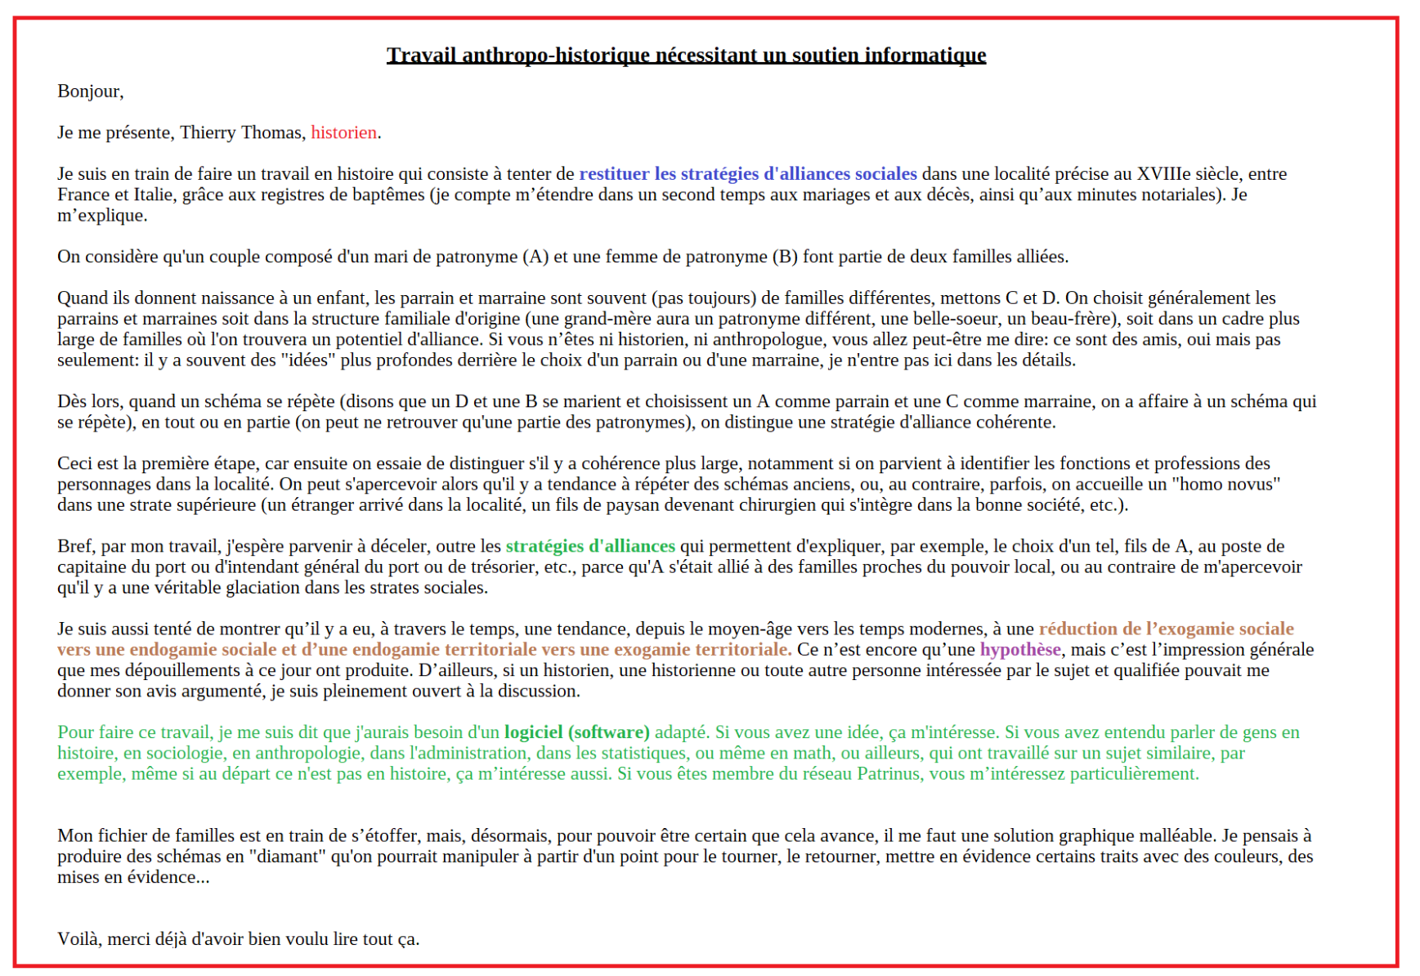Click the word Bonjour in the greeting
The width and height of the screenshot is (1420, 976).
click(x=88, y=92)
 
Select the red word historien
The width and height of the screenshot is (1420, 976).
click(x=343, y=132)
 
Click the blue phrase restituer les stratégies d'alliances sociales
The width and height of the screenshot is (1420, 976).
click(x=747, y=174)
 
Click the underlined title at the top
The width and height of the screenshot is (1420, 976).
click(x=686, y=56)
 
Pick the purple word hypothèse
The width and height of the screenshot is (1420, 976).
click(x=1019, y=650)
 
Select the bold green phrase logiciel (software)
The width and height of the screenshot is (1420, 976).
click(x=576, y=732)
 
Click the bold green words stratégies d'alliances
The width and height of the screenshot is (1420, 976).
click(x=590, y=546)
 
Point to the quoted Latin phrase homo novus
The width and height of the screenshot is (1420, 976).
click(x=1225, y=485)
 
